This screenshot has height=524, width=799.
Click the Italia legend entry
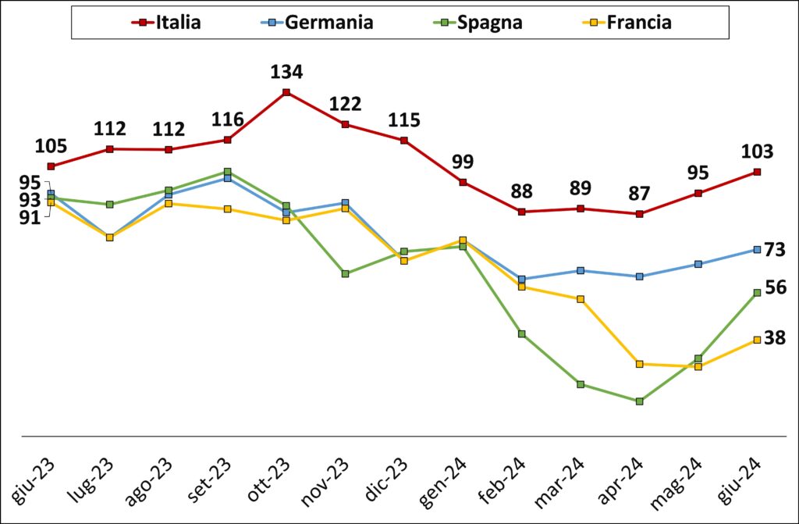[166, 22]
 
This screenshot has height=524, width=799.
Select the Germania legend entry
[317, 22]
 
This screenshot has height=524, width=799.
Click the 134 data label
[286, 72]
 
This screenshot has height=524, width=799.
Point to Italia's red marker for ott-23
[286, 92]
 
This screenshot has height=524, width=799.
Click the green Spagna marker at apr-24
[640, 401]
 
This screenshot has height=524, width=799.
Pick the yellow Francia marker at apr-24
[640, 364]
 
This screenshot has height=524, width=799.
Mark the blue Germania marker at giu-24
[757, 249]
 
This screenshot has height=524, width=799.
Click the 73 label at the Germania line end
[775, 250]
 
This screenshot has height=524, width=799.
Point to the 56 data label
[776, 287]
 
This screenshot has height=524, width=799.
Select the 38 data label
[775, 337]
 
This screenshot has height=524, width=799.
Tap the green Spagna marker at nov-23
[345, 273]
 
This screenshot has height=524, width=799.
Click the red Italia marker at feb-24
[521, 212]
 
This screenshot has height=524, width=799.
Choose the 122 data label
[345, 104]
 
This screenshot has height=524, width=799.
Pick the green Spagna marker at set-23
[227, 172]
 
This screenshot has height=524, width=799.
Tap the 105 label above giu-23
[51, 147]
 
